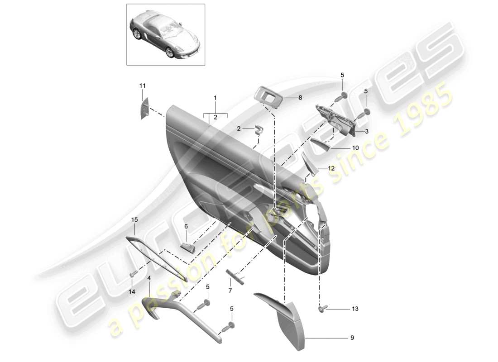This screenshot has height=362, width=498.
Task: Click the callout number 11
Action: coord(143,86)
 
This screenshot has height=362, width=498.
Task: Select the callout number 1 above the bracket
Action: coord(215,98)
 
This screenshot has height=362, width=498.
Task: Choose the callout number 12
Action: coord(331,168)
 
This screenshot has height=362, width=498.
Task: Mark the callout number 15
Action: coord(134,220)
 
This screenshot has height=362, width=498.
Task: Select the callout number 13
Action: coord(354,309)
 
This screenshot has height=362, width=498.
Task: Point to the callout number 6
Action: coord(186,226)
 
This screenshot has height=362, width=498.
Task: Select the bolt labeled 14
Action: coord(134,274)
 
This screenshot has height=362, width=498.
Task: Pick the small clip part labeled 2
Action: coord(259,130)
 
